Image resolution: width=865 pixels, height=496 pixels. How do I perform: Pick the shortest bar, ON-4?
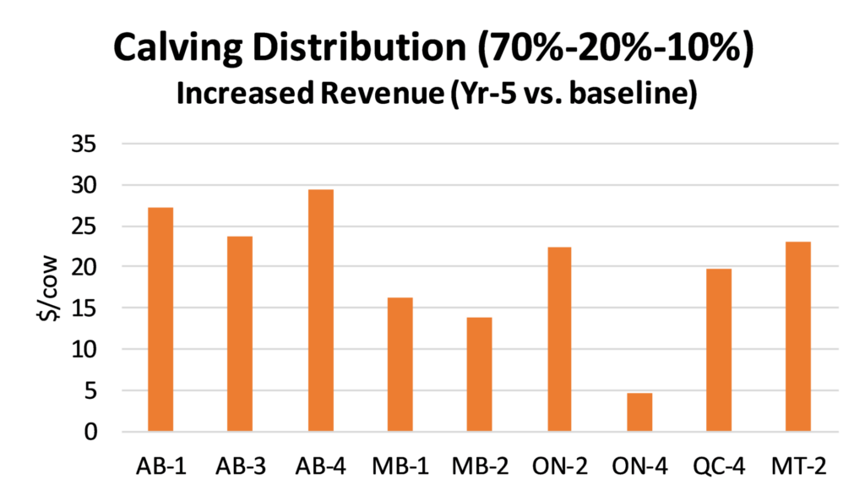(x=639, y=412)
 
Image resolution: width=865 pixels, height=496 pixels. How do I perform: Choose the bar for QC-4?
(x=719, y=350)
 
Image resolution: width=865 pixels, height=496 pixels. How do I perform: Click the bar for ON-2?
(x=559, y=339)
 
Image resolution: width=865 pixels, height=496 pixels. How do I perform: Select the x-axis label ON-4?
(x=639, y=466)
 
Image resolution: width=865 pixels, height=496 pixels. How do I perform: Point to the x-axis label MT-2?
(x=798, y=466)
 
